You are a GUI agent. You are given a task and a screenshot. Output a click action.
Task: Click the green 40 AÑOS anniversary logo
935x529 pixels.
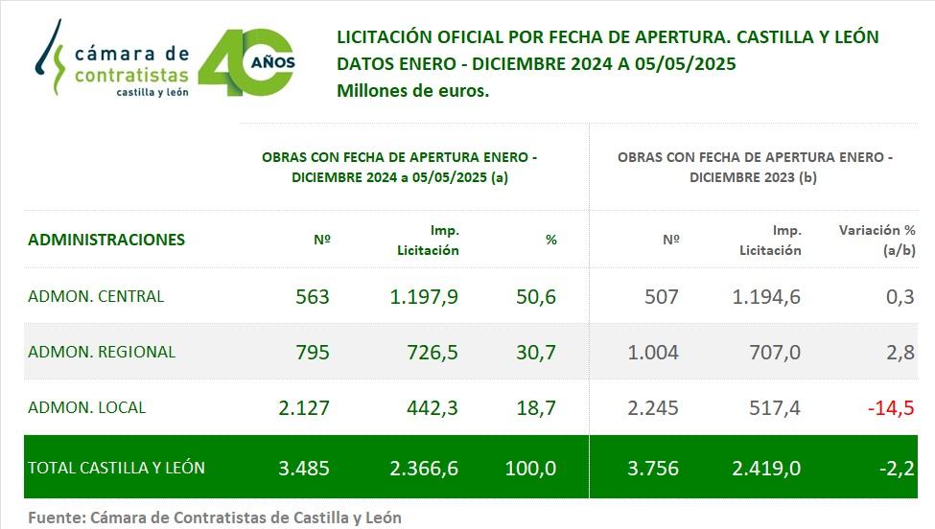(x=246, y=62)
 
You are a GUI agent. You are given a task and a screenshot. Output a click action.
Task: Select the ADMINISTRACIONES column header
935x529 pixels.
(x=106, y=240)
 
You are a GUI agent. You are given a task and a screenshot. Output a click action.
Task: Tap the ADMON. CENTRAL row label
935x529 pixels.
(x=96, y=296)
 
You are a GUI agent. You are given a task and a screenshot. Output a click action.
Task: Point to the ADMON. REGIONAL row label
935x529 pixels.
(x=102, y=352)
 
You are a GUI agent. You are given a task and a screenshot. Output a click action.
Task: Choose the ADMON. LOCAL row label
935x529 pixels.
(x=87, y=407)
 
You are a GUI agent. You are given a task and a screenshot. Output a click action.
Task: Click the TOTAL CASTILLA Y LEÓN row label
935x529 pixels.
(x=116, y=468)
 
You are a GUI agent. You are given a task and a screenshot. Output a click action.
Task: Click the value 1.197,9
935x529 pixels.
(x=424, y=297)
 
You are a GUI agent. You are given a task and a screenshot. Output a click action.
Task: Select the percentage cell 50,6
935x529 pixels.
(x=536, y=297)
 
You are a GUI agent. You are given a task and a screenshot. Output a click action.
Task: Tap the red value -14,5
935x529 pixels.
(x=890, y=408)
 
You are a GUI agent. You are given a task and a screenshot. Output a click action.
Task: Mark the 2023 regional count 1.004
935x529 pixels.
(x=652, y=353)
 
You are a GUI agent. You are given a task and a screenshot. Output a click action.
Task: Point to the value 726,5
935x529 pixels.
(x=432, y=353)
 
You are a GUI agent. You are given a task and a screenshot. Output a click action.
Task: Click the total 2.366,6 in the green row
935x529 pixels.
(x=424, y=469)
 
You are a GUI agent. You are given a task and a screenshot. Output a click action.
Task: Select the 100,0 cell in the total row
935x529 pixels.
(x=530, y=469)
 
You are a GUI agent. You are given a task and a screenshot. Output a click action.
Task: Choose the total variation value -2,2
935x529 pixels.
(x=897, y=469)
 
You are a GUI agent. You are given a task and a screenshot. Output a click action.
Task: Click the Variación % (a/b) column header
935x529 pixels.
(x=877, y=240)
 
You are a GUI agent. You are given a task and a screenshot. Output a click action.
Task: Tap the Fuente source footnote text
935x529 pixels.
(x=215, y=517)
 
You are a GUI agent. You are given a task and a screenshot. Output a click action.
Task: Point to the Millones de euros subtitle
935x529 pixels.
(x=413, y=91)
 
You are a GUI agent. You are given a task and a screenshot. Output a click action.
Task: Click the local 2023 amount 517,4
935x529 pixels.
(x=774, y=408)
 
